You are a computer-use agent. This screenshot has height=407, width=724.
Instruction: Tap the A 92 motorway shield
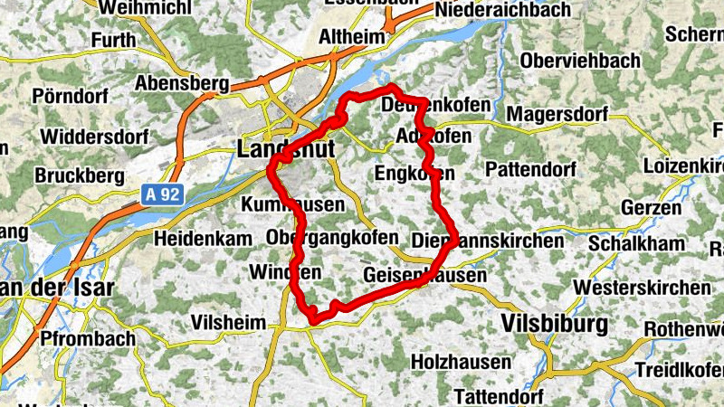(x=161, y=194)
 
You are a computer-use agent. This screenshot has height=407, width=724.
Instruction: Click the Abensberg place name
(x=181, y=83)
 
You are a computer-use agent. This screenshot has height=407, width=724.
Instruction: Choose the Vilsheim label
(x=229, y=323)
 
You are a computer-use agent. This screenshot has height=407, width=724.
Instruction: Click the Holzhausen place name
(x=461, y=361)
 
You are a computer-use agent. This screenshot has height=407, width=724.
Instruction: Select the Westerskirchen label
(x=642, y=288)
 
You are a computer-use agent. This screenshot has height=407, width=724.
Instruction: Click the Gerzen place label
(x=652, y=207)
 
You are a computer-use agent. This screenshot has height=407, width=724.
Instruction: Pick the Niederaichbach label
(x=503, y=11)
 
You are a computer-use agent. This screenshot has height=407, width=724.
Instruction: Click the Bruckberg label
(x=79, y=175)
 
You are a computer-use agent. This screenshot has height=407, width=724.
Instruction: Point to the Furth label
(x=112, y=40)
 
